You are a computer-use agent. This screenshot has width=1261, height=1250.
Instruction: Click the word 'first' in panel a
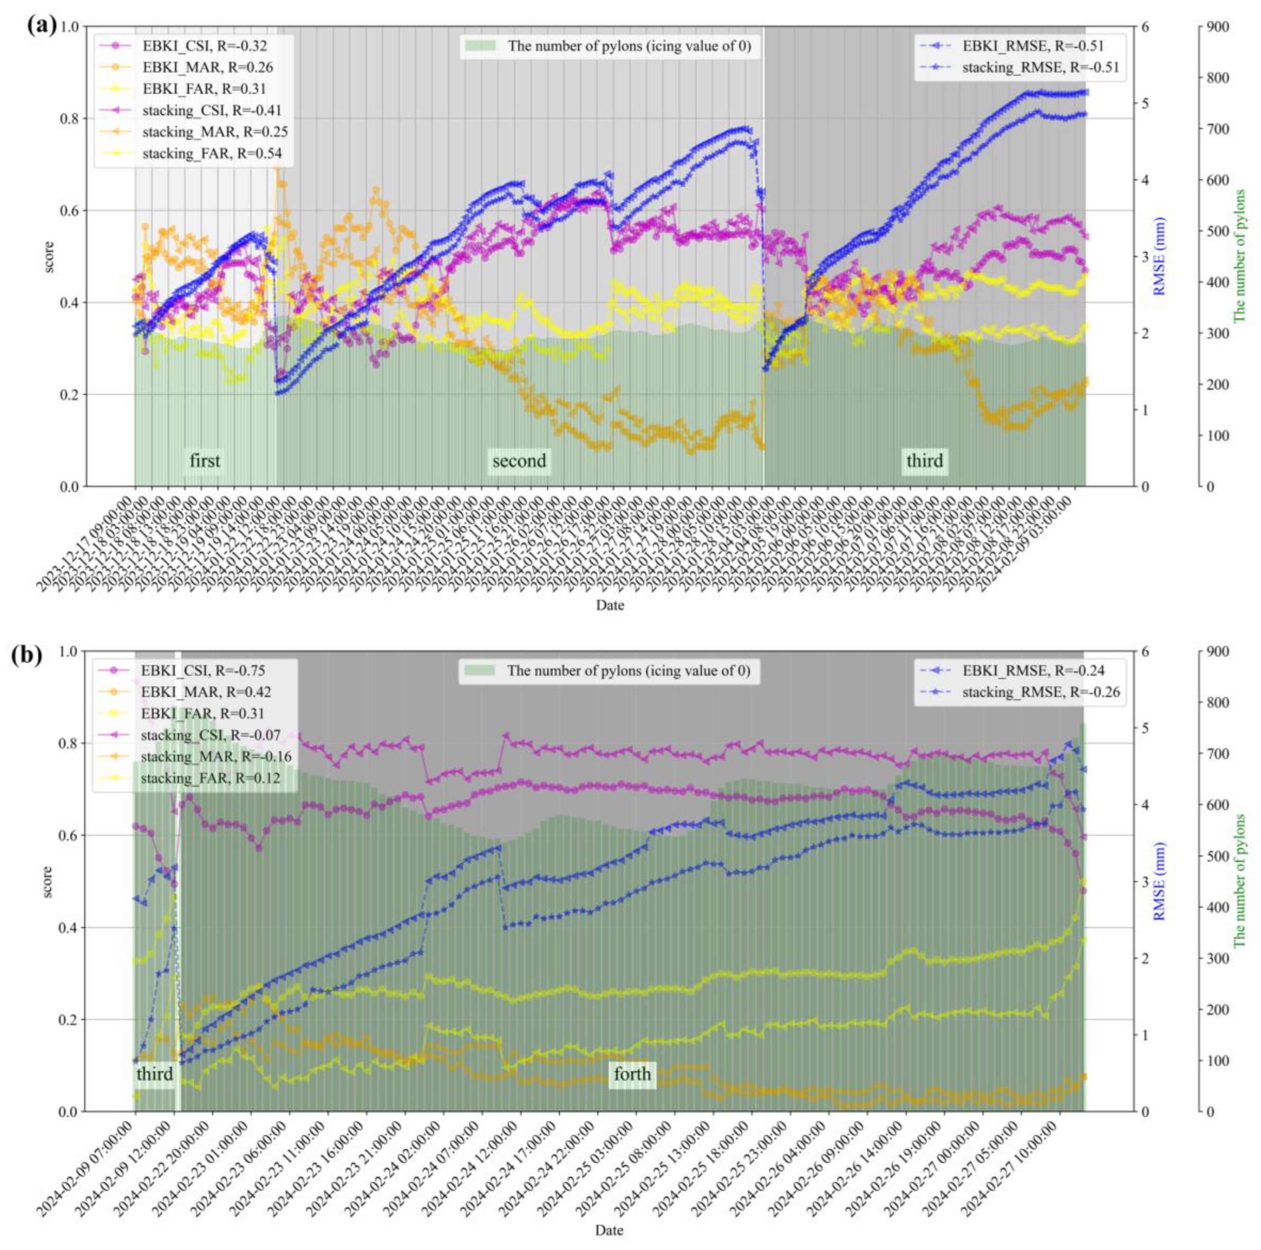[205, 461]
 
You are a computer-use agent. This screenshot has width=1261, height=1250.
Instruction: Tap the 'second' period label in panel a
[519, 461]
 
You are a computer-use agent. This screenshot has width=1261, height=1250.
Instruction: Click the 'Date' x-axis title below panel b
[609, 1231]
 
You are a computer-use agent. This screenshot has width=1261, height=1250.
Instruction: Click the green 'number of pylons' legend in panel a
[610, 46]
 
